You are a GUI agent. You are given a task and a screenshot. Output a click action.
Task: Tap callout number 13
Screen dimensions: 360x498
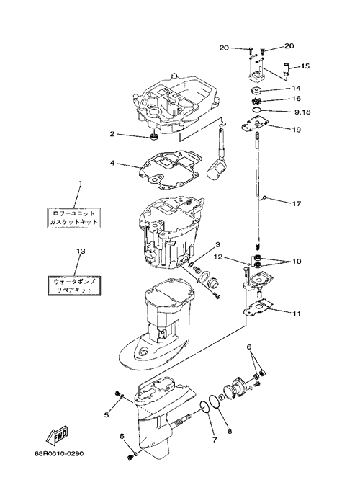[81, 252]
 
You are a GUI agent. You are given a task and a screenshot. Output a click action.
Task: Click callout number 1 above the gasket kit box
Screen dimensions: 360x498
[80, 184]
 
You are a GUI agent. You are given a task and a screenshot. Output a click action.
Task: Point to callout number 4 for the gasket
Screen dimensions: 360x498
[112, 163]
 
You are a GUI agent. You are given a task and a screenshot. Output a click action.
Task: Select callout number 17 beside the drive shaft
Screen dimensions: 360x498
[296, 203]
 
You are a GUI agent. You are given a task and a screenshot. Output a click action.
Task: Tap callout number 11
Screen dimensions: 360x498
[296, 314]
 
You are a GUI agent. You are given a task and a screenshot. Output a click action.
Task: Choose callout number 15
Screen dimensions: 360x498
[305, 66]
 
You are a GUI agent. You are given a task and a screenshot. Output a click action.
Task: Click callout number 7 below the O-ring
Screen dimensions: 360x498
[214, 440]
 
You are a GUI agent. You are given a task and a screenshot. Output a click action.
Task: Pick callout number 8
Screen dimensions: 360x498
[230, 431]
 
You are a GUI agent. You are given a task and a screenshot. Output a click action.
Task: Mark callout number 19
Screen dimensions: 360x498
[296, 130]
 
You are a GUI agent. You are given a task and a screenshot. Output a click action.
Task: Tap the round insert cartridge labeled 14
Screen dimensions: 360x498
[256, 91]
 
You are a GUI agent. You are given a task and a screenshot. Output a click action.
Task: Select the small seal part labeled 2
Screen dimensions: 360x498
[155, 137]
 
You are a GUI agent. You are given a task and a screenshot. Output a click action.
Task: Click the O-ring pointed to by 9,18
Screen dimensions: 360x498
[257, 110]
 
